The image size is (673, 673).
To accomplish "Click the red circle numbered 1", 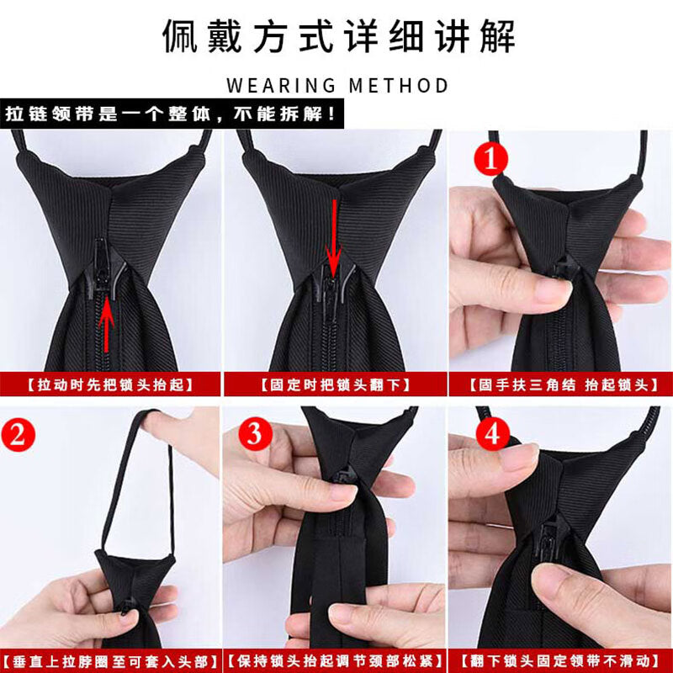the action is [490, 159].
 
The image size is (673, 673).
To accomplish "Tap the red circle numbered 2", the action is [18, 434].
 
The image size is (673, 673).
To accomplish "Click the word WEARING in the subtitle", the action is [281, 86].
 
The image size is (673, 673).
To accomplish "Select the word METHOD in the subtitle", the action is [399, 86].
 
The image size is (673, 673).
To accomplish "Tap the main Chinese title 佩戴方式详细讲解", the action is [338, 36].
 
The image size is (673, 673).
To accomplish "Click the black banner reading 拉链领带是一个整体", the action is [172, 114].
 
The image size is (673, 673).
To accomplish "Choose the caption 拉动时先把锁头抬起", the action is [110, 384].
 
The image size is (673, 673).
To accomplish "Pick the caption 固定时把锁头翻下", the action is [335, 384].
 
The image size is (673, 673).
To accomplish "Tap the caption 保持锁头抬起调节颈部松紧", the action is [335, 661].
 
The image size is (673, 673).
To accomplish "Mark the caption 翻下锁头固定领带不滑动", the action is [560, 661].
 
